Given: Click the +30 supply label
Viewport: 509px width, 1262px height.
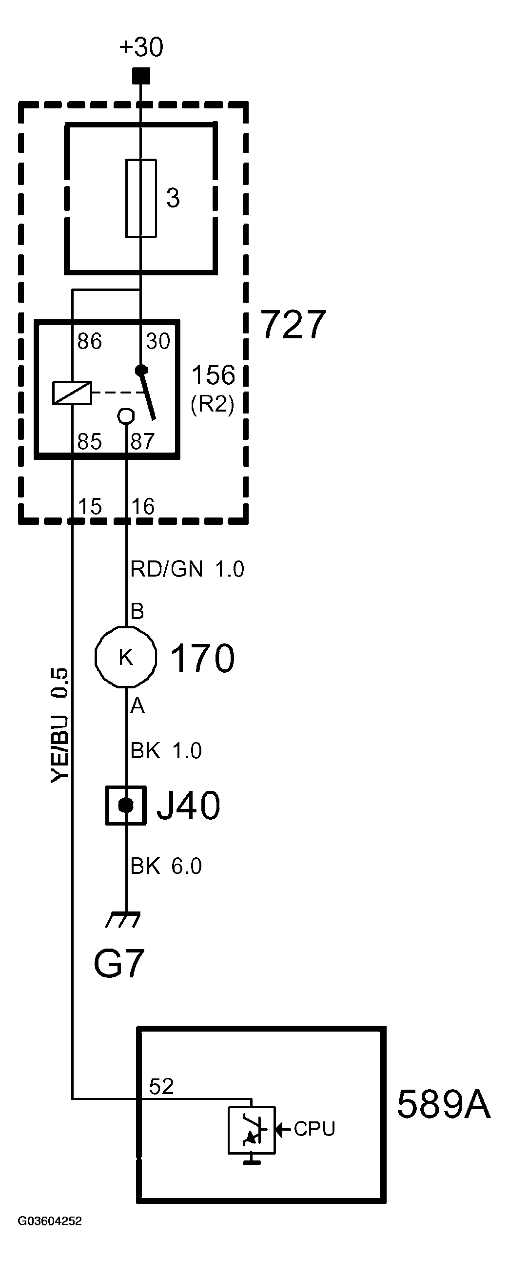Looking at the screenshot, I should pyautogui.click(x=141, y=47).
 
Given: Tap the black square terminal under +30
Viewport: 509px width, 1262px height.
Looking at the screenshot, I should pyautogui.click(x=141, y=76).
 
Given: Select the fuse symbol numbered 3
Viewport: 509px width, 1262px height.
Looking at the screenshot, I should pyautogui.click(x=141, y=198).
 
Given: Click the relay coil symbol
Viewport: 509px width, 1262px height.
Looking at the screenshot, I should pyautogui.click(x=72, y=393).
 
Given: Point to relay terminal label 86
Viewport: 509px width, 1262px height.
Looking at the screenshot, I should pyautogui.click(x=89, y=341).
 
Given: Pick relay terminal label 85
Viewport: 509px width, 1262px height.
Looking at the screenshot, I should pyautogui.click(x=89, y=441).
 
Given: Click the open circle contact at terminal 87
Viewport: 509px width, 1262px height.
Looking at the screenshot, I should pyautogui.click(x=126, y=416).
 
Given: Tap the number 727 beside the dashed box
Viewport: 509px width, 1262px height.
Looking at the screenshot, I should pyautogui.click(x=293, y=324).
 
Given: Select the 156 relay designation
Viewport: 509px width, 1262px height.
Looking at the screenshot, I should pyautogui.click(x=213, y=375).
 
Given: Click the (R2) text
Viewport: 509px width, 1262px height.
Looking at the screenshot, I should pyautogui.click(x=213, y=404).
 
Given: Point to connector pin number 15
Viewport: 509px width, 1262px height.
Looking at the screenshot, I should pyautogui.click(x=90, y=506).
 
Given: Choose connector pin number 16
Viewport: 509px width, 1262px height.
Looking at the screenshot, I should pyautogui.click(x=142, y=506).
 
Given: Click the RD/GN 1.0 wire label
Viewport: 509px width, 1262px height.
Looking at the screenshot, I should pyautogui.click(x=187, y=569).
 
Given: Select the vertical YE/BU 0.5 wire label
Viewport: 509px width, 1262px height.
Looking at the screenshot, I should pyautogui.click(x=59, y=725).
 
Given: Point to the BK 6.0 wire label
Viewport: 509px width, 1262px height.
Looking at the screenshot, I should pyautogui.click(x=166, y=866).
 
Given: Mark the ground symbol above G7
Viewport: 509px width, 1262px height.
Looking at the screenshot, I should pyautogui.click(x=123, y=920).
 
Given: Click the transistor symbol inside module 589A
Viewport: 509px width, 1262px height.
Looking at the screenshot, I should pyautogui.click(x=252, y=1130).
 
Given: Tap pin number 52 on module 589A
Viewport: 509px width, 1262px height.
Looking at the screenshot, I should pyautogui.click(x=161, y=1086).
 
